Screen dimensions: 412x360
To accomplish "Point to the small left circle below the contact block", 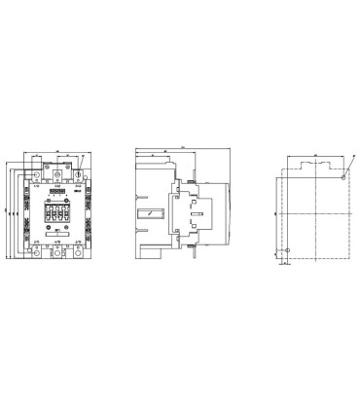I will point(44,229).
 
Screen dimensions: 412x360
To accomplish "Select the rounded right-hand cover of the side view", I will point(225,209).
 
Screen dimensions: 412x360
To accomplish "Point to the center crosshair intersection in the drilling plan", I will point(314,212).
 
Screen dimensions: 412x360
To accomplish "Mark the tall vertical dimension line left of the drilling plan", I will point(273,212).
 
